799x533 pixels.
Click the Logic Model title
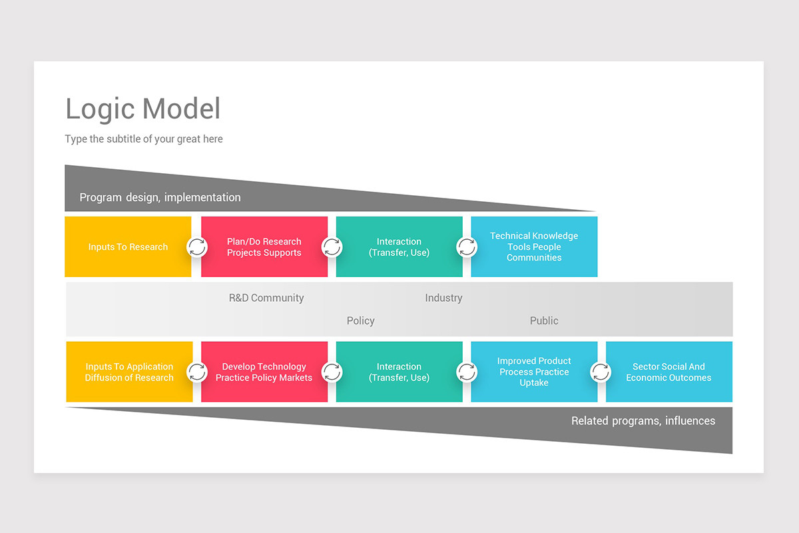tap(142, 109)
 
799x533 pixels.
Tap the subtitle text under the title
tap(144, 139)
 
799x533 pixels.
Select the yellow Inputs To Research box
tap(128, 247)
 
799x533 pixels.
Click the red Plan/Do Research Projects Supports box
tap(264, 247)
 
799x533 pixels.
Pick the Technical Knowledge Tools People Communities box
tap(534, 247)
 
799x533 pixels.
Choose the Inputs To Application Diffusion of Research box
tap(129, 372)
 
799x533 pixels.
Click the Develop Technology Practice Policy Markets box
tap(264, 372)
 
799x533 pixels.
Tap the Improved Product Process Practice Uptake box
tap(534, 372)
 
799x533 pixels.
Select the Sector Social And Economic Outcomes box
tap(668, 372)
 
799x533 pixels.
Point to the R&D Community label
tap(266, 298)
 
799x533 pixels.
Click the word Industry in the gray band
tap(443, 298)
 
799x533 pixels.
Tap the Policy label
tap(360, 320)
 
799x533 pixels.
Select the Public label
tap(544, 320)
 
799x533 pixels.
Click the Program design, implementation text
tap(160, 197)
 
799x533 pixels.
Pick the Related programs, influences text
tap(643, 420)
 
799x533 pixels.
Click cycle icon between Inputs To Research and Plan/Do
tap(197, 247)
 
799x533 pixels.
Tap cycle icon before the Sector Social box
tap(601, 372)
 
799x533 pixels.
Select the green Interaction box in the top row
tap(399, 247)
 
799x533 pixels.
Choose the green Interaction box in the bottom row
tap(399, 372)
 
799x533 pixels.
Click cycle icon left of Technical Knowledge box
tap(467, 247)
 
